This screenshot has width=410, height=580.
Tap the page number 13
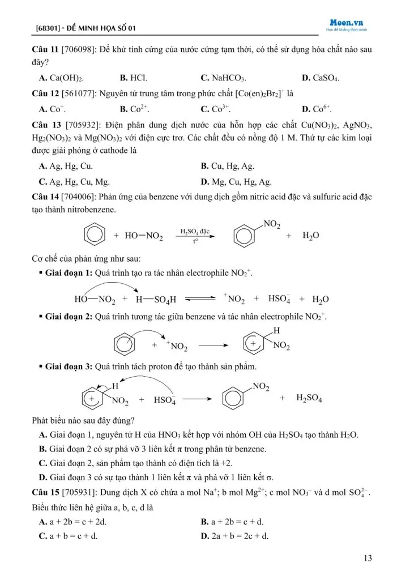(x=368, y=558)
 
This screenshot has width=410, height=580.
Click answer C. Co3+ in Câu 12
(x=216, y=109)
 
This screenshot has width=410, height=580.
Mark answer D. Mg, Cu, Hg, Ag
(x=236, y=182)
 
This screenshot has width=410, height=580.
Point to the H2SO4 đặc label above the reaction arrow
(x=195, y=231)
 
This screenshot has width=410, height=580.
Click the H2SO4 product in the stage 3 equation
(x=309, y=399)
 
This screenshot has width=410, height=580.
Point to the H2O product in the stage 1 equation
(x=321, y=299)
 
